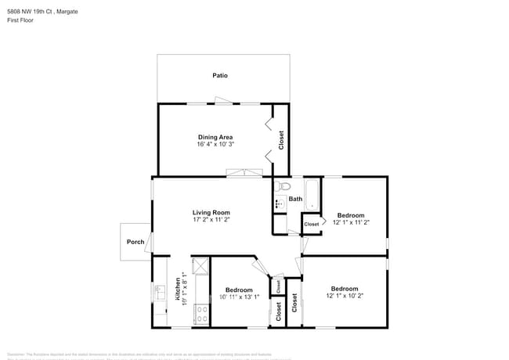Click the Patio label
pyautogui.click(x=220, y=76)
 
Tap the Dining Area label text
pyautogui.click(x=215, y=137)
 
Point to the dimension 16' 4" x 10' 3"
pyautogui.click(x=215, y=145)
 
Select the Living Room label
pyautogui.click(x=211, y=212)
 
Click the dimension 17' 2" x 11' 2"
pyautogui.click(x=211, y=220)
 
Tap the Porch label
pyautogui.click(x=135, y=242)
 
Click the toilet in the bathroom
pyautogui.click(x=283, y=186)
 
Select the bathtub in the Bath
pyautogui.click(x=312, y=196)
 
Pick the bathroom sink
pyautogui.click(x=279, y=204)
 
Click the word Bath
pyautogui.click(x=295, y=199)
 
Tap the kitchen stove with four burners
pyautogui.click(x=200, y=314)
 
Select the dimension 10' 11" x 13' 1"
pyautogui.click(x=239, y=297)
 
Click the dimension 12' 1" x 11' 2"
pyautogui.click(x=351, y=223)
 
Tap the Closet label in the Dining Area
pyautogui.click(x=281, y=140)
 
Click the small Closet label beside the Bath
pyautogui.click(x=312, y=225)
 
